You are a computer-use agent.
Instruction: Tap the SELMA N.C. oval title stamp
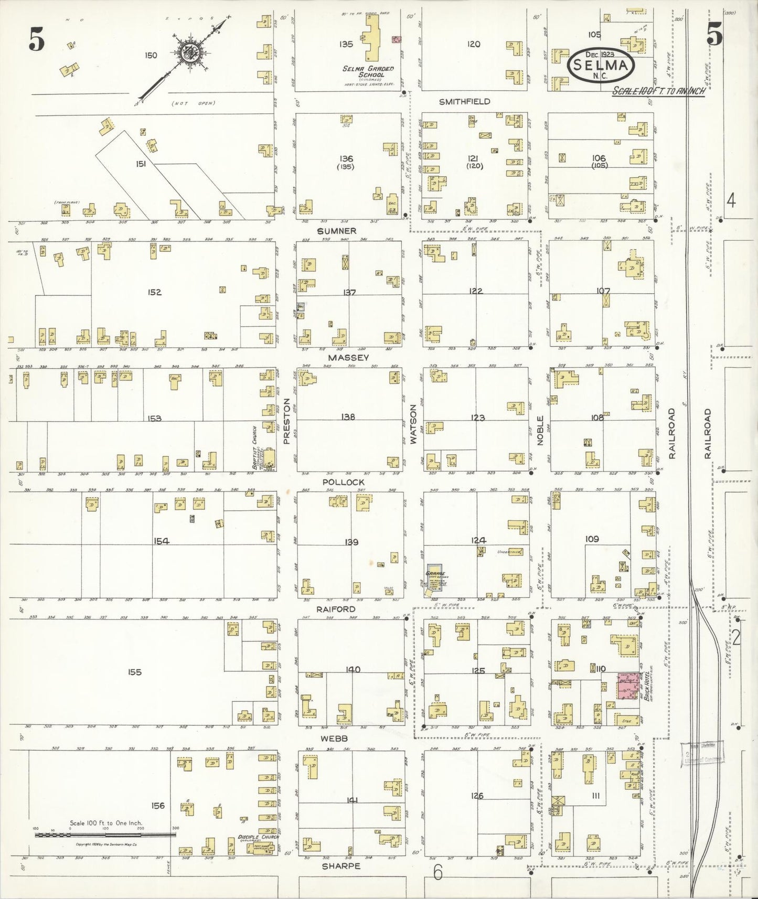pos(600,66)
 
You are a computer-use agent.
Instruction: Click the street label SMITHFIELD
pos(464,102)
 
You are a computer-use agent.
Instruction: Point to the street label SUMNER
pos(337,231)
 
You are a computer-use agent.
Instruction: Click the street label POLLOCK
pos(343,481)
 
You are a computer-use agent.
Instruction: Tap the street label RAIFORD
pos(336,609)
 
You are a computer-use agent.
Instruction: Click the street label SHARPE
pos(341,866)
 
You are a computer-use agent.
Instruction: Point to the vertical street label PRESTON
pos(287,421)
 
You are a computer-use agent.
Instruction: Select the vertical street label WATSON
pos(413,424)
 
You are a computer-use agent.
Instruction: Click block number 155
pos(134,672)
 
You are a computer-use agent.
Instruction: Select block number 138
pos(347,417)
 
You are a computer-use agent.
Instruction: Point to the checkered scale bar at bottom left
pos(105,834)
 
